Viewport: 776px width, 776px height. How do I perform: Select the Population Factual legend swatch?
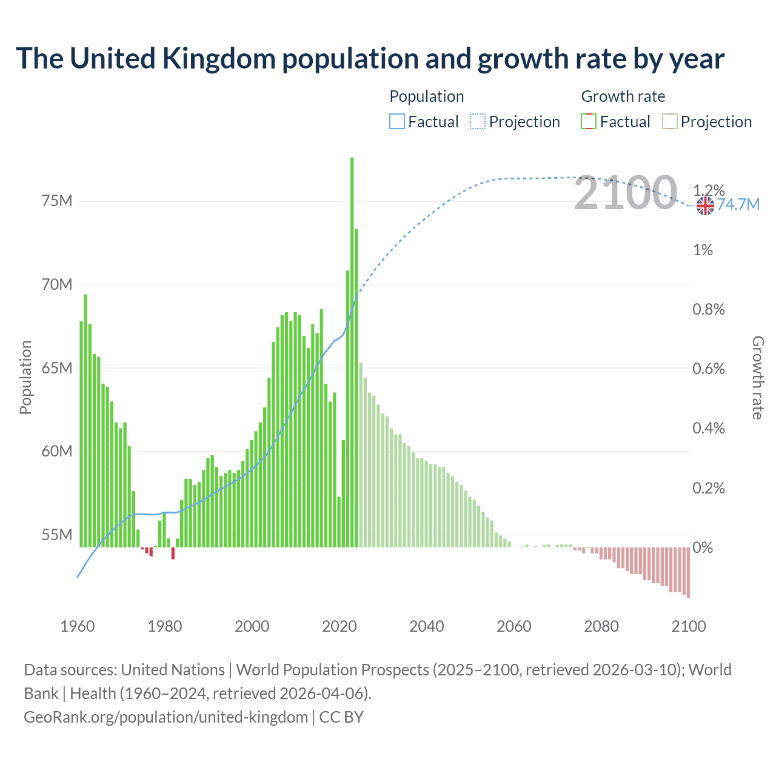(x=396, y=122)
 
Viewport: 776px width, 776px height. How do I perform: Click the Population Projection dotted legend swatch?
(x=478, y=122)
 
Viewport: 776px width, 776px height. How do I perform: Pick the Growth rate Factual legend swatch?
(x=589, y=122)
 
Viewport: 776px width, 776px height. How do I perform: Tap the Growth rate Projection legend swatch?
(x=670, y=122)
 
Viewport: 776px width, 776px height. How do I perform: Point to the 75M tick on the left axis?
(x=57, y=201)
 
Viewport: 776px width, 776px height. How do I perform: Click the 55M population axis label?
(x=57, y=535)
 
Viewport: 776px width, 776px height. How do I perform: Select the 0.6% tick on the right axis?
(x=708, y=369)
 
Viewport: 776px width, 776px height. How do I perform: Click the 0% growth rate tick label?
(x=703, y=547)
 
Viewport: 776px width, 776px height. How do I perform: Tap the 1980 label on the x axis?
(x=164, y=626)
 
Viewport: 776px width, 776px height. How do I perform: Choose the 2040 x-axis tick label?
(x=426, y=626)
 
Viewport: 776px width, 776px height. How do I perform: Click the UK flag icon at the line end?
(x=705, y=206)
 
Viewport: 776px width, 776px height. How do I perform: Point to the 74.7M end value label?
(x=738, y=204)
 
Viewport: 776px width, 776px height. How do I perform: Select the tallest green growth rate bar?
(x=352, y=352)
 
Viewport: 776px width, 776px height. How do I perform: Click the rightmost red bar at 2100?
(x=688, y=572)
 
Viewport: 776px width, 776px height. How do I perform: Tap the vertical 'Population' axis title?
(x=25, y=377)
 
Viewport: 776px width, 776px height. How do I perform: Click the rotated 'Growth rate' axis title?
(x=757, y=377)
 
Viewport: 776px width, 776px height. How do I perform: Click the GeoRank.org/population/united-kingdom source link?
(x=166, y=717)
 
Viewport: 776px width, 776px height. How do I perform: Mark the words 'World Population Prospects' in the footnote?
(x=332, y=670)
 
